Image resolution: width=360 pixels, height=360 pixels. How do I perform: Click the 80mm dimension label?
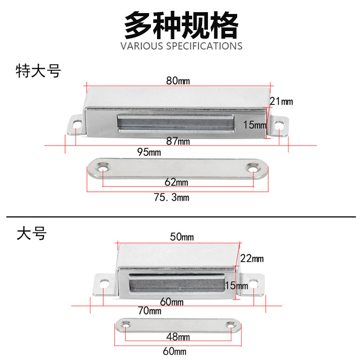[178, 81]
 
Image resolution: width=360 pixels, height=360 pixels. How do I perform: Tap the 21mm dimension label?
[281, 101]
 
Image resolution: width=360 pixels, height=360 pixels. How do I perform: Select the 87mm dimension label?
[178, 141]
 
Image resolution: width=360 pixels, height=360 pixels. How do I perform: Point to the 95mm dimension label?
[149, 152]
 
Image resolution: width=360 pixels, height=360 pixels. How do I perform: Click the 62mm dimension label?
[176, 182]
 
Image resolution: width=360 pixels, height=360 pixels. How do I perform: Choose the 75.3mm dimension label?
[171, 198]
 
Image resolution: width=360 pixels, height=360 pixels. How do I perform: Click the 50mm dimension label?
[182, 237]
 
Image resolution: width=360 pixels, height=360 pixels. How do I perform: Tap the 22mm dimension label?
[252, 258]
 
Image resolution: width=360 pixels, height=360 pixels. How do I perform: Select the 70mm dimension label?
[149, 310]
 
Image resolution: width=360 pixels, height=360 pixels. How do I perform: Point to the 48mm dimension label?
[178, 337]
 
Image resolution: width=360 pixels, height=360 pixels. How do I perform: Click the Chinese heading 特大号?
[38, 71]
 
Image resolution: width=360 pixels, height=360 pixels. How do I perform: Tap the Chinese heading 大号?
[31, 233]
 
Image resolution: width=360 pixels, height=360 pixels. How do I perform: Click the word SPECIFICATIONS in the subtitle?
[204, 46]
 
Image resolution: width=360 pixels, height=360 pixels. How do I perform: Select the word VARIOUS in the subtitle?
[142, 46]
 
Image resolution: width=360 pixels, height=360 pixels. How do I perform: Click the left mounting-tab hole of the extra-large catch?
[76, 126]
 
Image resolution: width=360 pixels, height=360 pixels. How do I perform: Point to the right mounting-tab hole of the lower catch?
[253, 283]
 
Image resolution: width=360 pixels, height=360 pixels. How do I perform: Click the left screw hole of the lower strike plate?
[126, 325]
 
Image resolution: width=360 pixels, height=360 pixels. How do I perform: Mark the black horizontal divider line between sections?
[181, 216]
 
